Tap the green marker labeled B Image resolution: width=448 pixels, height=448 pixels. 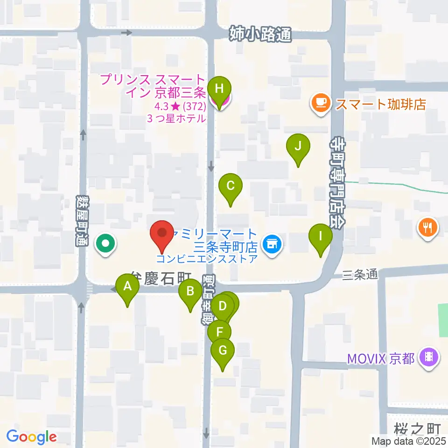click(190, 293)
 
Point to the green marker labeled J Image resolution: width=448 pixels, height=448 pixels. click(299, 148)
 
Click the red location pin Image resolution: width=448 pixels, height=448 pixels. click(162, 233)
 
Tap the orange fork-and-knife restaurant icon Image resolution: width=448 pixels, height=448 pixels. click(428, 227)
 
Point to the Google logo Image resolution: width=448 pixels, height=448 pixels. click(32, 436)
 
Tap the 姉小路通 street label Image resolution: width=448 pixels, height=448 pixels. click(260, 34)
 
